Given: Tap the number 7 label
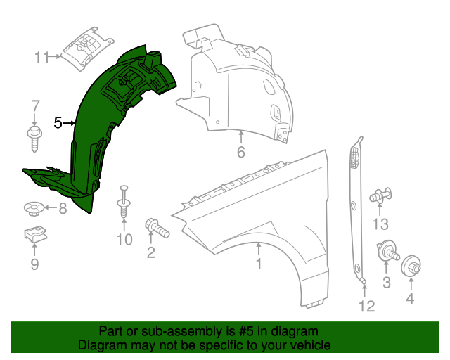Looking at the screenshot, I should point(35,106).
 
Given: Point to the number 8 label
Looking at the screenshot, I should point(62,208).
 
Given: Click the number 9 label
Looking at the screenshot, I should point(34,264).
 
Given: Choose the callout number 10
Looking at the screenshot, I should point(124,240).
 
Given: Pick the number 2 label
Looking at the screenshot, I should point(150,252).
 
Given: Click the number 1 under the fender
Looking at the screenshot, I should point(258,264).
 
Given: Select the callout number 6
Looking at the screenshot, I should point(240,152).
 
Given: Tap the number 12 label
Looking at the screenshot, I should point(366,306).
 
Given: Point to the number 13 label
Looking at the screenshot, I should point(380,224).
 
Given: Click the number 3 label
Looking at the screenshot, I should point(386,283).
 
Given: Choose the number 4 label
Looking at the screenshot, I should point(411,297).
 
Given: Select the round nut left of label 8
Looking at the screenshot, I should point(32,207).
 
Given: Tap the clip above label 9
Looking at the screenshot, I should point(32,236).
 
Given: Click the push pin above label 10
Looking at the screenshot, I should point(124,200).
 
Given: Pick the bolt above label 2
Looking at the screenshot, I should point(157,227).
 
